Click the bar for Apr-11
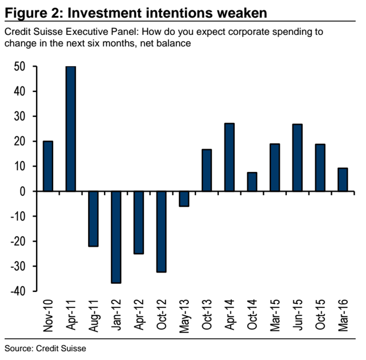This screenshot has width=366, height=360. (70, 129)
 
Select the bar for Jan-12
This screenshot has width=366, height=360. (116, 237)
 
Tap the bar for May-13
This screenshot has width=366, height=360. (184, 199)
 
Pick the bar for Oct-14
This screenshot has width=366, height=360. (252, 182)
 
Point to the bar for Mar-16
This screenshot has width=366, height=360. (343, 180)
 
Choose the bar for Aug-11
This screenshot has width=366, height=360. (93, 219)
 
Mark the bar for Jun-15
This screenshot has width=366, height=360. (297, 157)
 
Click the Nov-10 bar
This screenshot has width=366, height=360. (48, 166)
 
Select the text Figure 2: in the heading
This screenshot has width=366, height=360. (31, 12)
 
